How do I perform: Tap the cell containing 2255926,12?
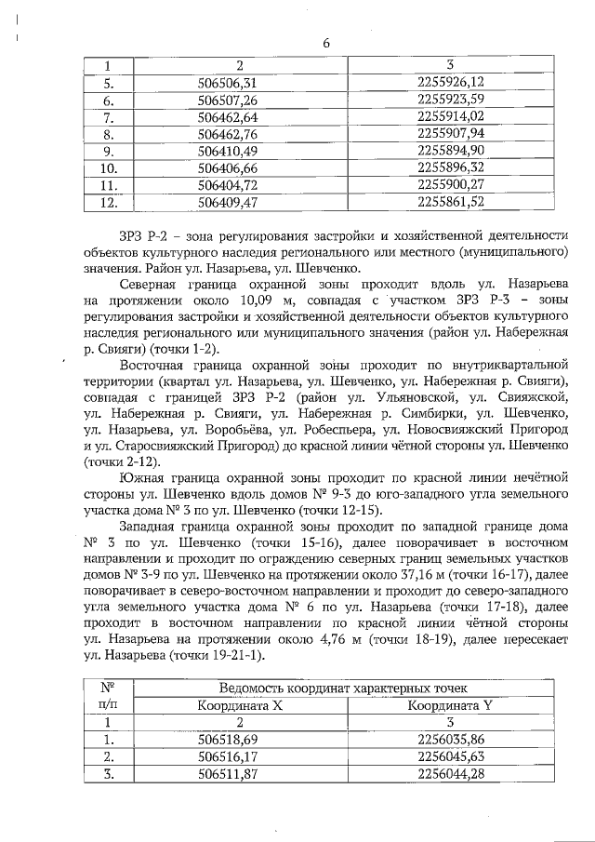(x=451, y=83)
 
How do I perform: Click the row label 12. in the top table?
(x=108, y=201)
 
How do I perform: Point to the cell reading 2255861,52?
(x=451, y=201)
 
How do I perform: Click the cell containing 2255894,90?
(x=451, y=151)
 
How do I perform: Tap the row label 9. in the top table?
(x=108, y=151)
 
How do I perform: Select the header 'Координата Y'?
(x=451, y=705)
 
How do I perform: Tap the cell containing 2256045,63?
(x=451, y=756)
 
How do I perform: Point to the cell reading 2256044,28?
(x=451, y=774)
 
